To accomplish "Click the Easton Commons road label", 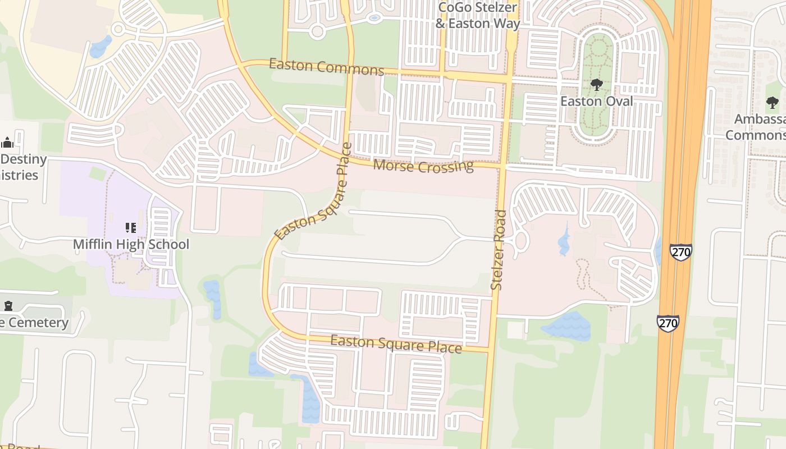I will tap(326, 66).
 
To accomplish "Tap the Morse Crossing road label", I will tap(423, 166).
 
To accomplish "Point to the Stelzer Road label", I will tap(499, 250).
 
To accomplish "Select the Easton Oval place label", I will tap(596, 102).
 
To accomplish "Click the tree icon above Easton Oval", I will tap(596, 85).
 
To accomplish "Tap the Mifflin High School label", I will tap(131, 244).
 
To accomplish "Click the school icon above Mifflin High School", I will tap(131, 228).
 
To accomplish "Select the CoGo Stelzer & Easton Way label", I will tap(478, 16).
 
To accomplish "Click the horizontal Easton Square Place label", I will tap(396, 343).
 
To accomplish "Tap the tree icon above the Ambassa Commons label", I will tap(773, 103).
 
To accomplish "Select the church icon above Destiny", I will tap(7, 143).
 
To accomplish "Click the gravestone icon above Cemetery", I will tap(8, 306).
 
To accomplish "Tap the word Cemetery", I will tap(36, 323).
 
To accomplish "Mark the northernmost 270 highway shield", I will tap(680, 252).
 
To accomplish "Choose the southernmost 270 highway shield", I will tap(668, 323).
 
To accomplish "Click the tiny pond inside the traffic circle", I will tap(374, 18).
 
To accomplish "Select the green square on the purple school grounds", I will tap(97, 174).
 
